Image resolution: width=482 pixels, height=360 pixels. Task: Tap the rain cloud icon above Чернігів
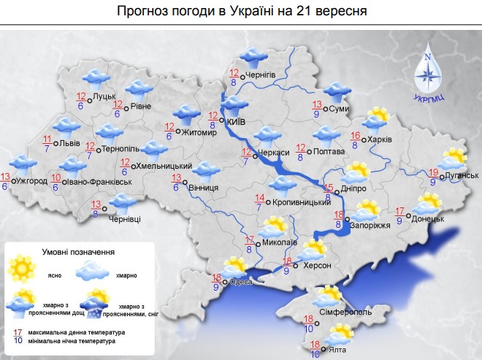tap(253, 55)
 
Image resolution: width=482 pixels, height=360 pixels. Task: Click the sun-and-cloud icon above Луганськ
tap(453, 157)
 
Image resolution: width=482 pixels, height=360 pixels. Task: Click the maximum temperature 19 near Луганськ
tap(433, 172)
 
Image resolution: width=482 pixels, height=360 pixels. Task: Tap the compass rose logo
tap(429, 70)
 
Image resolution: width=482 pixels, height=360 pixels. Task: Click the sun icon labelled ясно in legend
tap(23, 268)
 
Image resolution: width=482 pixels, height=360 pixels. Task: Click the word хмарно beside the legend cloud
tap(126, 275)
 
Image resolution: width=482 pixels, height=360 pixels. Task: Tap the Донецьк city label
tap(428, 218)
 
